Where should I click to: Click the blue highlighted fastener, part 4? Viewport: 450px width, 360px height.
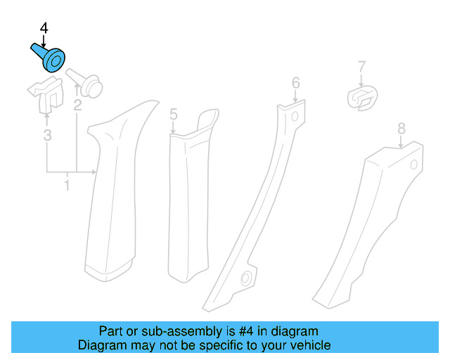pyautogui.click(x=50, y=58)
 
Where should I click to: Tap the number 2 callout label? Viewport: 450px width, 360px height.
pyautogui.click(x=77, y=106)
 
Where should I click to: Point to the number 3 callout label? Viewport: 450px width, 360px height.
pyautogui.click(x=47, y=134)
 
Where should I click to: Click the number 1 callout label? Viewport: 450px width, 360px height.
pyautogui.click(x=67, y=186)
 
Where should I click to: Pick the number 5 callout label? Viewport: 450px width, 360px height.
pyautogui.click(x=173, y=114)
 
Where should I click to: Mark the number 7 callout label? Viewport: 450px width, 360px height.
pyautogui.click(x=361, y=67)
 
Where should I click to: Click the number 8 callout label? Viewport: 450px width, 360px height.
pyautogui.click(x=401, y=128)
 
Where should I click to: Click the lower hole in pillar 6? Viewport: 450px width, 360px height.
pyautogui.click(x=246, y=279)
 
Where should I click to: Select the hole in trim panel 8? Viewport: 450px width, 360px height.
pyautogui.click(x=413, y=165)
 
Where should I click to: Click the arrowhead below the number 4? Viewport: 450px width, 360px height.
pyautogui.click(x=43, y=42)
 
